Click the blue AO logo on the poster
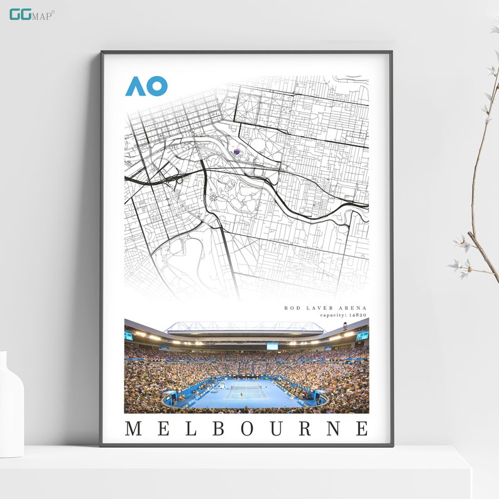146,86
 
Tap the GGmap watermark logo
31,14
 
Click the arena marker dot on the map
237,151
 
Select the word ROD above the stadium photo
291,308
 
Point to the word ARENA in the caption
352,308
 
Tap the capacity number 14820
356,315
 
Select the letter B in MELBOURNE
219,429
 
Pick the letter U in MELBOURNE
276,429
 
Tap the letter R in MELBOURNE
305,429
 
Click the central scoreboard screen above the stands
272,346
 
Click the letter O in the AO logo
157,86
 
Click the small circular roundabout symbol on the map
213,197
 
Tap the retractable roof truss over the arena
245,327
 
